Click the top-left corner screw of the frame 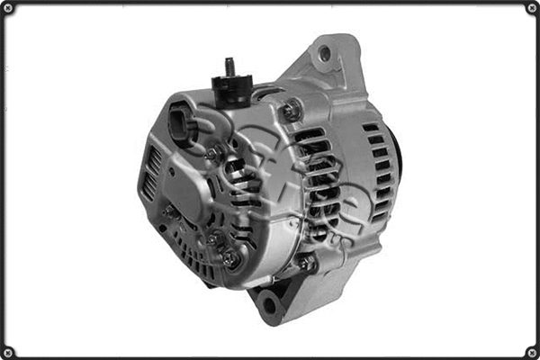(x=8, y=8)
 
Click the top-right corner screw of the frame (x=532, y=8)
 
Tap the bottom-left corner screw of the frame (x=8, y=352)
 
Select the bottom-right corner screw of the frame (x=532, y=352)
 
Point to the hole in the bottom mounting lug (x=269, y=308)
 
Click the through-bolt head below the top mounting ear (x=291, y=111)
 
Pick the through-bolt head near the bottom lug (x=307, y=264)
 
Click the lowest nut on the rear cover (x=230, y=258)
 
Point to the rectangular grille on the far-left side (x=151, y=173)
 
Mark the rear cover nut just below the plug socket (x=212, y=154)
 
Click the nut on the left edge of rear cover (x=167, y=213)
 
